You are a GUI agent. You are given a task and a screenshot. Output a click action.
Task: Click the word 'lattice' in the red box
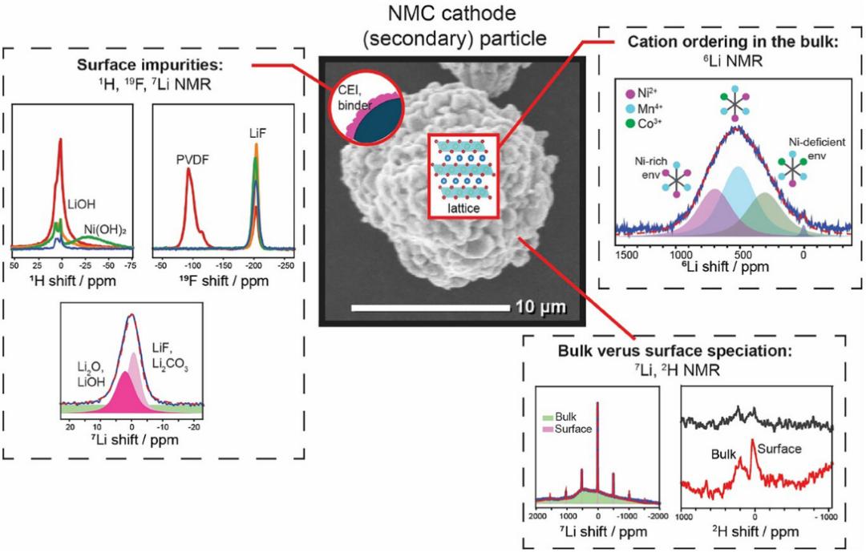pos(463,208)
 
